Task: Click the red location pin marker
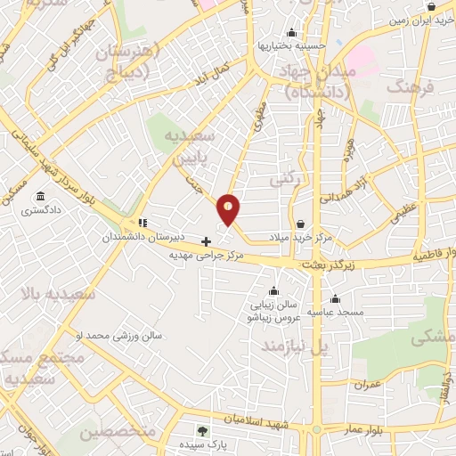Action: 229,210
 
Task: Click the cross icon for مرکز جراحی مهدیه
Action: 207,240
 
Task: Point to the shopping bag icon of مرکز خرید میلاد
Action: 302,224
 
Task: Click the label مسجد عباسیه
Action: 336,313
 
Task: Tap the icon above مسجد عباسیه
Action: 335,298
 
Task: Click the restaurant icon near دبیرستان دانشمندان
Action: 142,224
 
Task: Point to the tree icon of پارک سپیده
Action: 203,432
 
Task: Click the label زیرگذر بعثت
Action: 325,265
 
